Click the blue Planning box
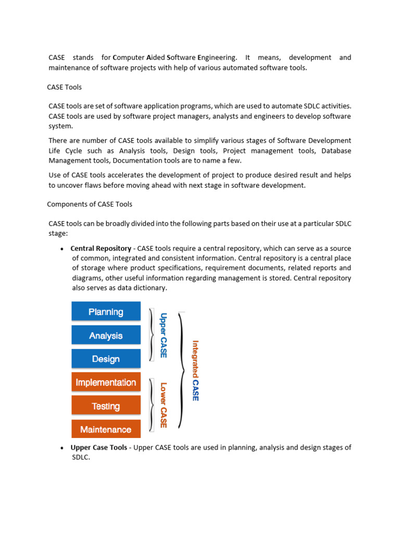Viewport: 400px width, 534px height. tap(106, 312)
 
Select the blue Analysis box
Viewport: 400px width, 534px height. tap(106, 335)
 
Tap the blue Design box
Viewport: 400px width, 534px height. tap(106, 359)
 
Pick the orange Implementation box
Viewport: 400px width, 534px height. tap(106, 382)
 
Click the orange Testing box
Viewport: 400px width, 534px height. tap(106, 406)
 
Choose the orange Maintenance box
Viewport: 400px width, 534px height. tap(106, 429)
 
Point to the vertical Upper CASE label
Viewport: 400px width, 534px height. tap(163, 335)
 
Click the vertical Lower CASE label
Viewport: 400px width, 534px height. tap(163, 405)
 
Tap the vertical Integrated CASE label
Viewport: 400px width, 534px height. tap(195, 370)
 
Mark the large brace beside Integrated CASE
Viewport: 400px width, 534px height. tap(181, 370)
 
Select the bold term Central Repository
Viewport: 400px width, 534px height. tap(101, 248)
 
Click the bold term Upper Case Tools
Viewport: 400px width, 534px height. tap(98, 447)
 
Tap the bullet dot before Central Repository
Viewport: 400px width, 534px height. tap(63, 249)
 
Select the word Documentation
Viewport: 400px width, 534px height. tap(137, 160)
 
